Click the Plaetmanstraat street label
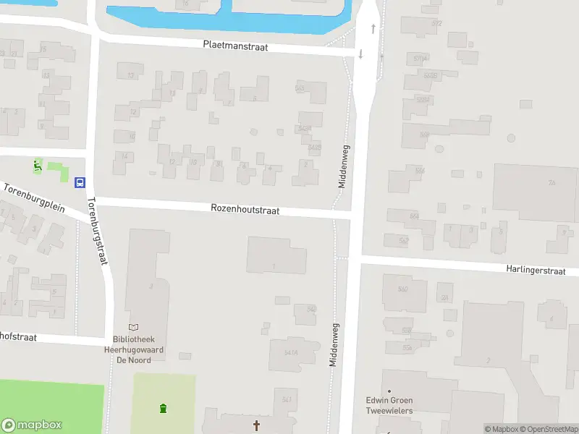(236, 46)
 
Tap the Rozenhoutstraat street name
(245, 208)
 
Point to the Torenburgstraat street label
(97, 231)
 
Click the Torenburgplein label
(33, 197)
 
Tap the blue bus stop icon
(80, 182)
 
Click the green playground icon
(37, 166)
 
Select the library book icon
(133, 328)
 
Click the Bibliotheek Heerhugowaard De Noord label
(138, 349)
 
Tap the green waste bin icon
(164, 409)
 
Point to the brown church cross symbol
(256, 426)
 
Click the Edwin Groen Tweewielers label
(389, 405)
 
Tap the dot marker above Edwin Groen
(389, 391)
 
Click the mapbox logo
(32, 425)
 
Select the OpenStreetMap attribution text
(548, 429)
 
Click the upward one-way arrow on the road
(373, 29)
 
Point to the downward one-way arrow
(360, 54)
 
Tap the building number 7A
(551, 183)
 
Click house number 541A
(291, 352)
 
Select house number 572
(436, 23)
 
